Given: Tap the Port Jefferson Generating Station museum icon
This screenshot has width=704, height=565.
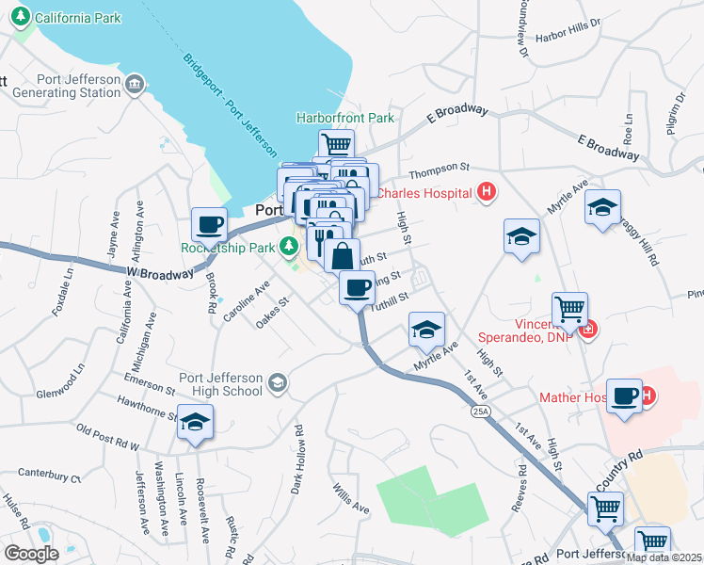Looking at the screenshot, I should pyautogui.click(x=136, y=86).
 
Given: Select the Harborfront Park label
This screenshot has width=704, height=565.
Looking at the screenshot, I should pyautogui.click(x=344, y=119).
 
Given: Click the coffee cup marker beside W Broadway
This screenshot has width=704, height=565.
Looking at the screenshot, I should pyautogui.click(x=209, y=224).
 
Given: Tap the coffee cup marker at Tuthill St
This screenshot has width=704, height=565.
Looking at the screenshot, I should pyautogui.click(x=356, y=287).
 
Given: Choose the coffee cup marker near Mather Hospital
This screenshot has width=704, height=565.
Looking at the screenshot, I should pyautogui.click(x=624, y=395).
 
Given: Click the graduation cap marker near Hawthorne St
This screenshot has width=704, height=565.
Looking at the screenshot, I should pyautogui.click(x=195, y=422).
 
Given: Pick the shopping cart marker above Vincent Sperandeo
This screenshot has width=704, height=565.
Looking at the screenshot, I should pyautogui.click(x=568, y=308).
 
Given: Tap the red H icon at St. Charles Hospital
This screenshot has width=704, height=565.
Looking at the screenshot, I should pyautogui.click(x=486, y=193).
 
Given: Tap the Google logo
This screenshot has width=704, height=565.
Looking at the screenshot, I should pyautogui.click(x=31, y=553).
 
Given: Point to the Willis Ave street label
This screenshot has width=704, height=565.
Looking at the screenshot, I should pyautogui.click(x=350, y=498).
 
